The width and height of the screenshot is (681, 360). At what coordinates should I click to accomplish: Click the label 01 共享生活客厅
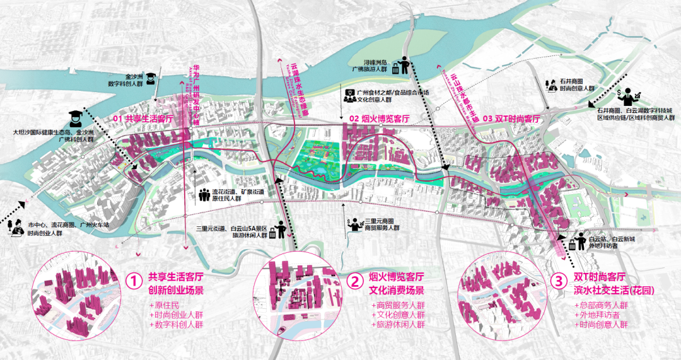(x=143, y=119)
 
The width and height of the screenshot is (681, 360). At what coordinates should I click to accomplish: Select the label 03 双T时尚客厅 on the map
(x=511, y=119)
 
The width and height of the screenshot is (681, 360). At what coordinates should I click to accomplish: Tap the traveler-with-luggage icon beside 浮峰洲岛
(x=400, y=66)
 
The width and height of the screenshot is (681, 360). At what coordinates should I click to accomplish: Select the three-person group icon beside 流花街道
(x=204, y=195)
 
